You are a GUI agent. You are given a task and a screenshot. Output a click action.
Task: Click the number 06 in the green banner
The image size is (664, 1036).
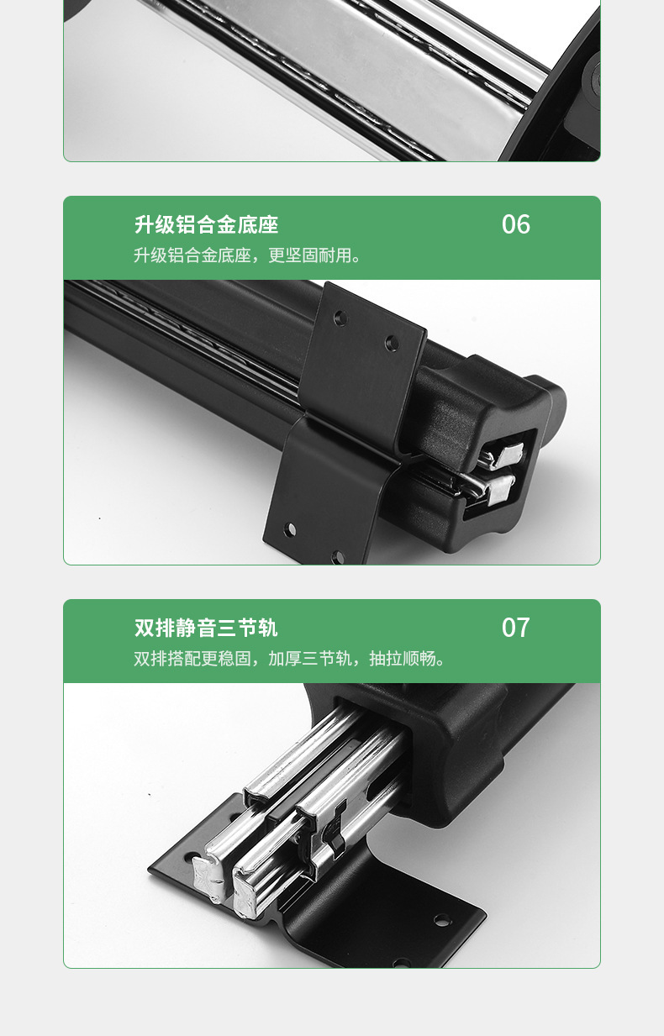coord(516,224)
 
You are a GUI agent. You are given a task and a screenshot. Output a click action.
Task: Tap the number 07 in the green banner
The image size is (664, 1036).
coord(516,628)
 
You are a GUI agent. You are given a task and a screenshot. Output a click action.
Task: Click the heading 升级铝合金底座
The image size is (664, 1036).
coord(207,225)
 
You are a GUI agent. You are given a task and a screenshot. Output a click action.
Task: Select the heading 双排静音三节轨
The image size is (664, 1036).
coord(206,628)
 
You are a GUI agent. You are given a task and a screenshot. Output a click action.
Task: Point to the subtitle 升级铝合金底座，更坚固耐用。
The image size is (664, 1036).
coord(247,255)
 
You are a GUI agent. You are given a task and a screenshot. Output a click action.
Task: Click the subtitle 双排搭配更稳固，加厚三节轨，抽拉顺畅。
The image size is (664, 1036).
coord(289,659)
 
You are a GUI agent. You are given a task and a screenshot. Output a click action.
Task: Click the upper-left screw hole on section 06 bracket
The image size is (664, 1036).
coord(340,318)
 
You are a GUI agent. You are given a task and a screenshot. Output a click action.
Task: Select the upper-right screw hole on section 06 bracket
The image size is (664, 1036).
coord(392,343)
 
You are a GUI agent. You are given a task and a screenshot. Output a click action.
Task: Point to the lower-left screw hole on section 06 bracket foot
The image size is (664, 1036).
coord(290,529)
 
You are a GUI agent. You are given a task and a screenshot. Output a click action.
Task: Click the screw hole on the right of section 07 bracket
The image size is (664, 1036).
coord(442,920)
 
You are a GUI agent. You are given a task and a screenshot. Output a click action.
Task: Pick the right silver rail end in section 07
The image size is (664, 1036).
coord(245,891)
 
